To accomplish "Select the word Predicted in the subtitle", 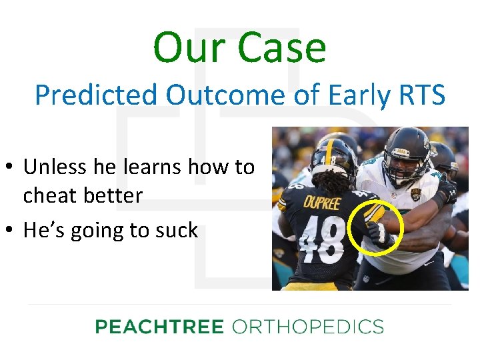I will pyautogui.click(x=97, y=95).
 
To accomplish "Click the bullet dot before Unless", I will pyautogui.click(x=11, y=167).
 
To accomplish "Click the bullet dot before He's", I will pyautogui.click(x=11, y=231).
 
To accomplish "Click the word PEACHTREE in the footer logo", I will pyautogui.click(x=159, y=327).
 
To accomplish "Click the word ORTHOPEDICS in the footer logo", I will pyautogui.click(x=307, y=327).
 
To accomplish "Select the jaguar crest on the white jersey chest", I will pyautogui.click(x=417, y=194).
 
